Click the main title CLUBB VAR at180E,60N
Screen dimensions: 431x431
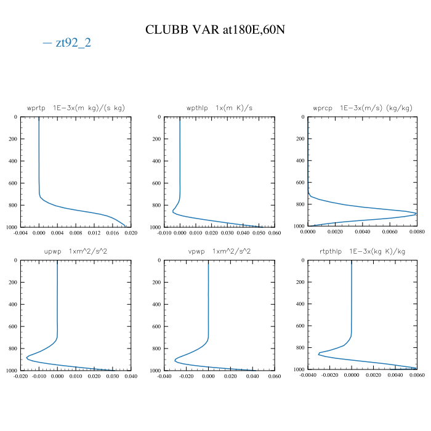tap(215, 30)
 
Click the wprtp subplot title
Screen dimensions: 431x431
tap(76, 108)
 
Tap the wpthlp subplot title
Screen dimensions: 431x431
tap(219, 108)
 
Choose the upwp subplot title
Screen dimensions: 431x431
tap(76, 251)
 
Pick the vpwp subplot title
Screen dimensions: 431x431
tap(219, 251)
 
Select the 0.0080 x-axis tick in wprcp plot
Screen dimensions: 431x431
tap(417, 233)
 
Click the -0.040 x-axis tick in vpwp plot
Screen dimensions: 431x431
tap(164, 376)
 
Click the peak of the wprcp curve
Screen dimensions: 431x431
tap(416, 214)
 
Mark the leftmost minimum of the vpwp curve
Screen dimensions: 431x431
tap(175, 360)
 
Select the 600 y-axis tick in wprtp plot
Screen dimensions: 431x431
tap(12, 183)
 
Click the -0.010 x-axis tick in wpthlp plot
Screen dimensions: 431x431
tap(164, 233)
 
